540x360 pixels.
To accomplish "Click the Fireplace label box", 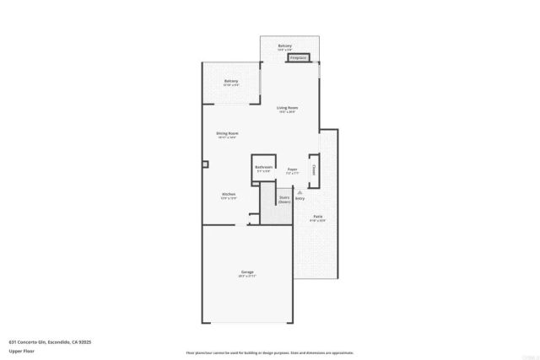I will click(298, 58).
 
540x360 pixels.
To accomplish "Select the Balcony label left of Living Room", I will click(231, 81).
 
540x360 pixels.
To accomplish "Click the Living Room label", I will click(288, 108).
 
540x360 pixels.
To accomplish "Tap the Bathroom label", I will click(263, 167).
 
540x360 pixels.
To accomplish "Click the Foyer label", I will click(292, 169).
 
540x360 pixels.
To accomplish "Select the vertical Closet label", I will click(314, 169).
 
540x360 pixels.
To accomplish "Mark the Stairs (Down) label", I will click(284, 200).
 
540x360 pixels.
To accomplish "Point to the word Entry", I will click(300, 198).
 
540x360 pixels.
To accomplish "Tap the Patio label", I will click(318, 217).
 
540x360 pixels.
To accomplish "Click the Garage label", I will click(247, 271).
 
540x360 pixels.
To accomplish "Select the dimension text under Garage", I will click(247, 276).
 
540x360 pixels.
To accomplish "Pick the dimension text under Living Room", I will click(288, 112).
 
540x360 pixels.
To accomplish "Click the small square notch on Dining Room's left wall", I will click(204, 164).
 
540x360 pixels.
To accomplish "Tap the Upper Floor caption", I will click(22, 351).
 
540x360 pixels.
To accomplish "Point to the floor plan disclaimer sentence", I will click(270, 352).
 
